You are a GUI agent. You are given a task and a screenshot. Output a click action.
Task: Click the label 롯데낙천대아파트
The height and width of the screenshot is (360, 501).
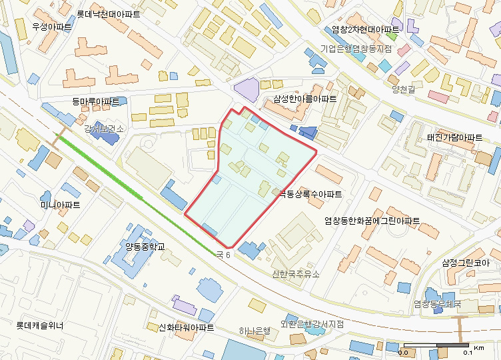click(109, 13)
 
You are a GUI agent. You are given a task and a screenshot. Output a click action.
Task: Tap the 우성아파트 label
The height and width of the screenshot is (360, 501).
click(52, 27)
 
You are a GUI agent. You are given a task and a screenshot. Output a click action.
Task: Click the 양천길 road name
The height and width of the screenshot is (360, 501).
click(404, 89)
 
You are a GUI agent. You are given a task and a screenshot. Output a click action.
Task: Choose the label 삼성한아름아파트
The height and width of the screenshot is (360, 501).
click(304, 99)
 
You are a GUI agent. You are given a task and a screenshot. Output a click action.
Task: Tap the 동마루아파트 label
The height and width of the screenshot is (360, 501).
click(96, 102)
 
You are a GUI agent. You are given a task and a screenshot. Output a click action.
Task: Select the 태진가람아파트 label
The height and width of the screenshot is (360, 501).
click(454, 137)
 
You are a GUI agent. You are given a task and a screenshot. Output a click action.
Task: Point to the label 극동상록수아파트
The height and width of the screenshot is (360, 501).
click(310, 195)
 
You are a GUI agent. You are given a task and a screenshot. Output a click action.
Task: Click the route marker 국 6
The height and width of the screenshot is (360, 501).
click(223, 255)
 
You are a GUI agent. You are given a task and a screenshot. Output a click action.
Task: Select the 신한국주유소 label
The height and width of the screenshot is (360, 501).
click(296, 274)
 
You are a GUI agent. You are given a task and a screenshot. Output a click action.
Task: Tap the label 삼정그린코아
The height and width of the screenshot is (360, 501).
click(470, 263)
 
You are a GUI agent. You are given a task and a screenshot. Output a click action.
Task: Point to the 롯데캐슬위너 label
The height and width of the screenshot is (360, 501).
click(40, 326)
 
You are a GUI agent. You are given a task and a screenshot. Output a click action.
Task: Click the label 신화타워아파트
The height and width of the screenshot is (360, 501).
click(186, 328)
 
